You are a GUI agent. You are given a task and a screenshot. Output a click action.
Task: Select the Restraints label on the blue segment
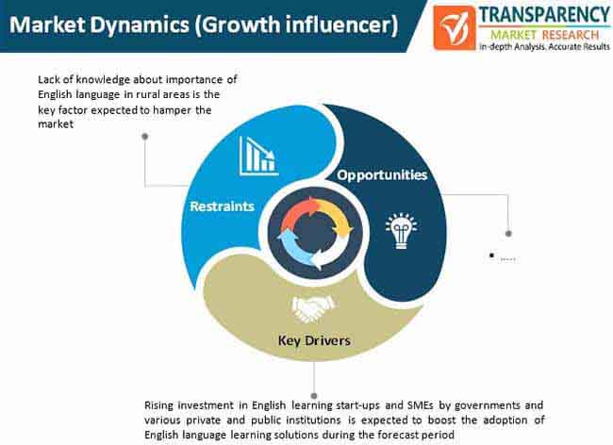[x=222, y=206]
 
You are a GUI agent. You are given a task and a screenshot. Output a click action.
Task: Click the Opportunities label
[x=383, y=174]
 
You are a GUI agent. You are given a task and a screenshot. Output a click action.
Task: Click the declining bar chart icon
[x=257, y=154]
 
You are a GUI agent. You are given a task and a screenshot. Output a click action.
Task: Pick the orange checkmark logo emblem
[x=458, y=27]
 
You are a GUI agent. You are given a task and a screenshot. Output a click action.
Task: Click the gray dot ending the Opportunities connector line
[x=509, y=233]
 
